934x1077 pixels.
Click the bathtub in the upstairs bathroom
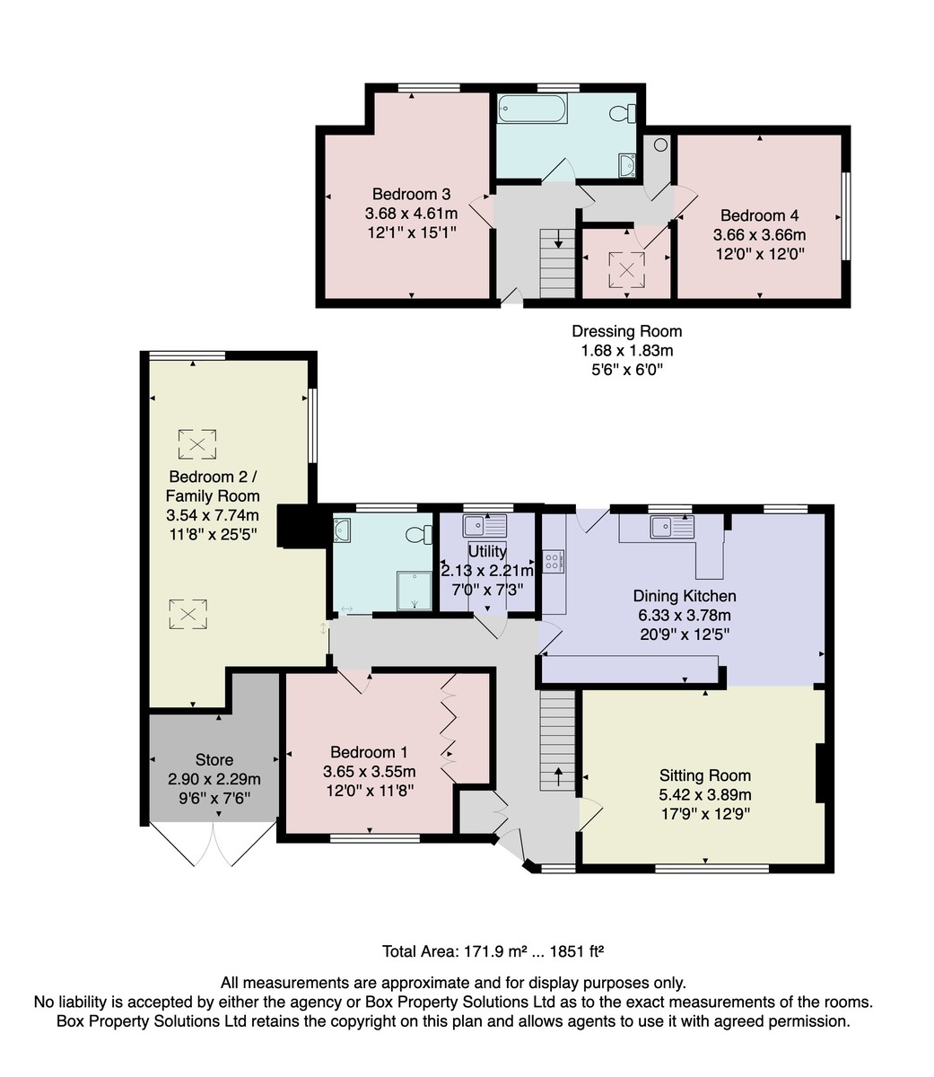pos(532,109)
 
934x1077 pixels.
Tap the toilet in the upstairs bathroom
pos(623,113)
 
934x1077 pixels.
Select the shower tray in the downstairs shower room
pos(415,591)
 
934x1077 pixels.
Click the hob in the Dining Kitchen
pos(553,561)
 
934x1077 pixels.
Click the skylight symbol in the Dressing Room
pos(626,270)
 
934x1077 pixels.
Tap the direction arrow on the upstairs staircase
pos(557,240)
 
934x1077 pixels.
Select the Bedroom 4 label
pos(759,215)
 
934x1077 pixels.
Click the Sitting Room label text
pos(704,775)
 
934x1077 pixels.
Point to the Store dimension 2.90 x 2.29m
pos(214,779)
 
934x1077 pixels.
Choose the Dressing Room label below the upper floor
pos(626,331)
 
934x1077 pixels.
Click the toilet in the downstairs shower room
pos(418,535)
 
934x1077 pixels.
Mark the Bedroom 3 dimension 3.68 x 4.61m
pos(411,214)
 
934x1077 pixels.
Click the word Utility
pos(486,551)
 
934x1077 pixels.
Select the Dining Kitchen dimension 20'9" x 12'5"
pos(684,635)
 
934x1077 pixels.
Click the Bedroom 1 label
pos(369,752)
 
